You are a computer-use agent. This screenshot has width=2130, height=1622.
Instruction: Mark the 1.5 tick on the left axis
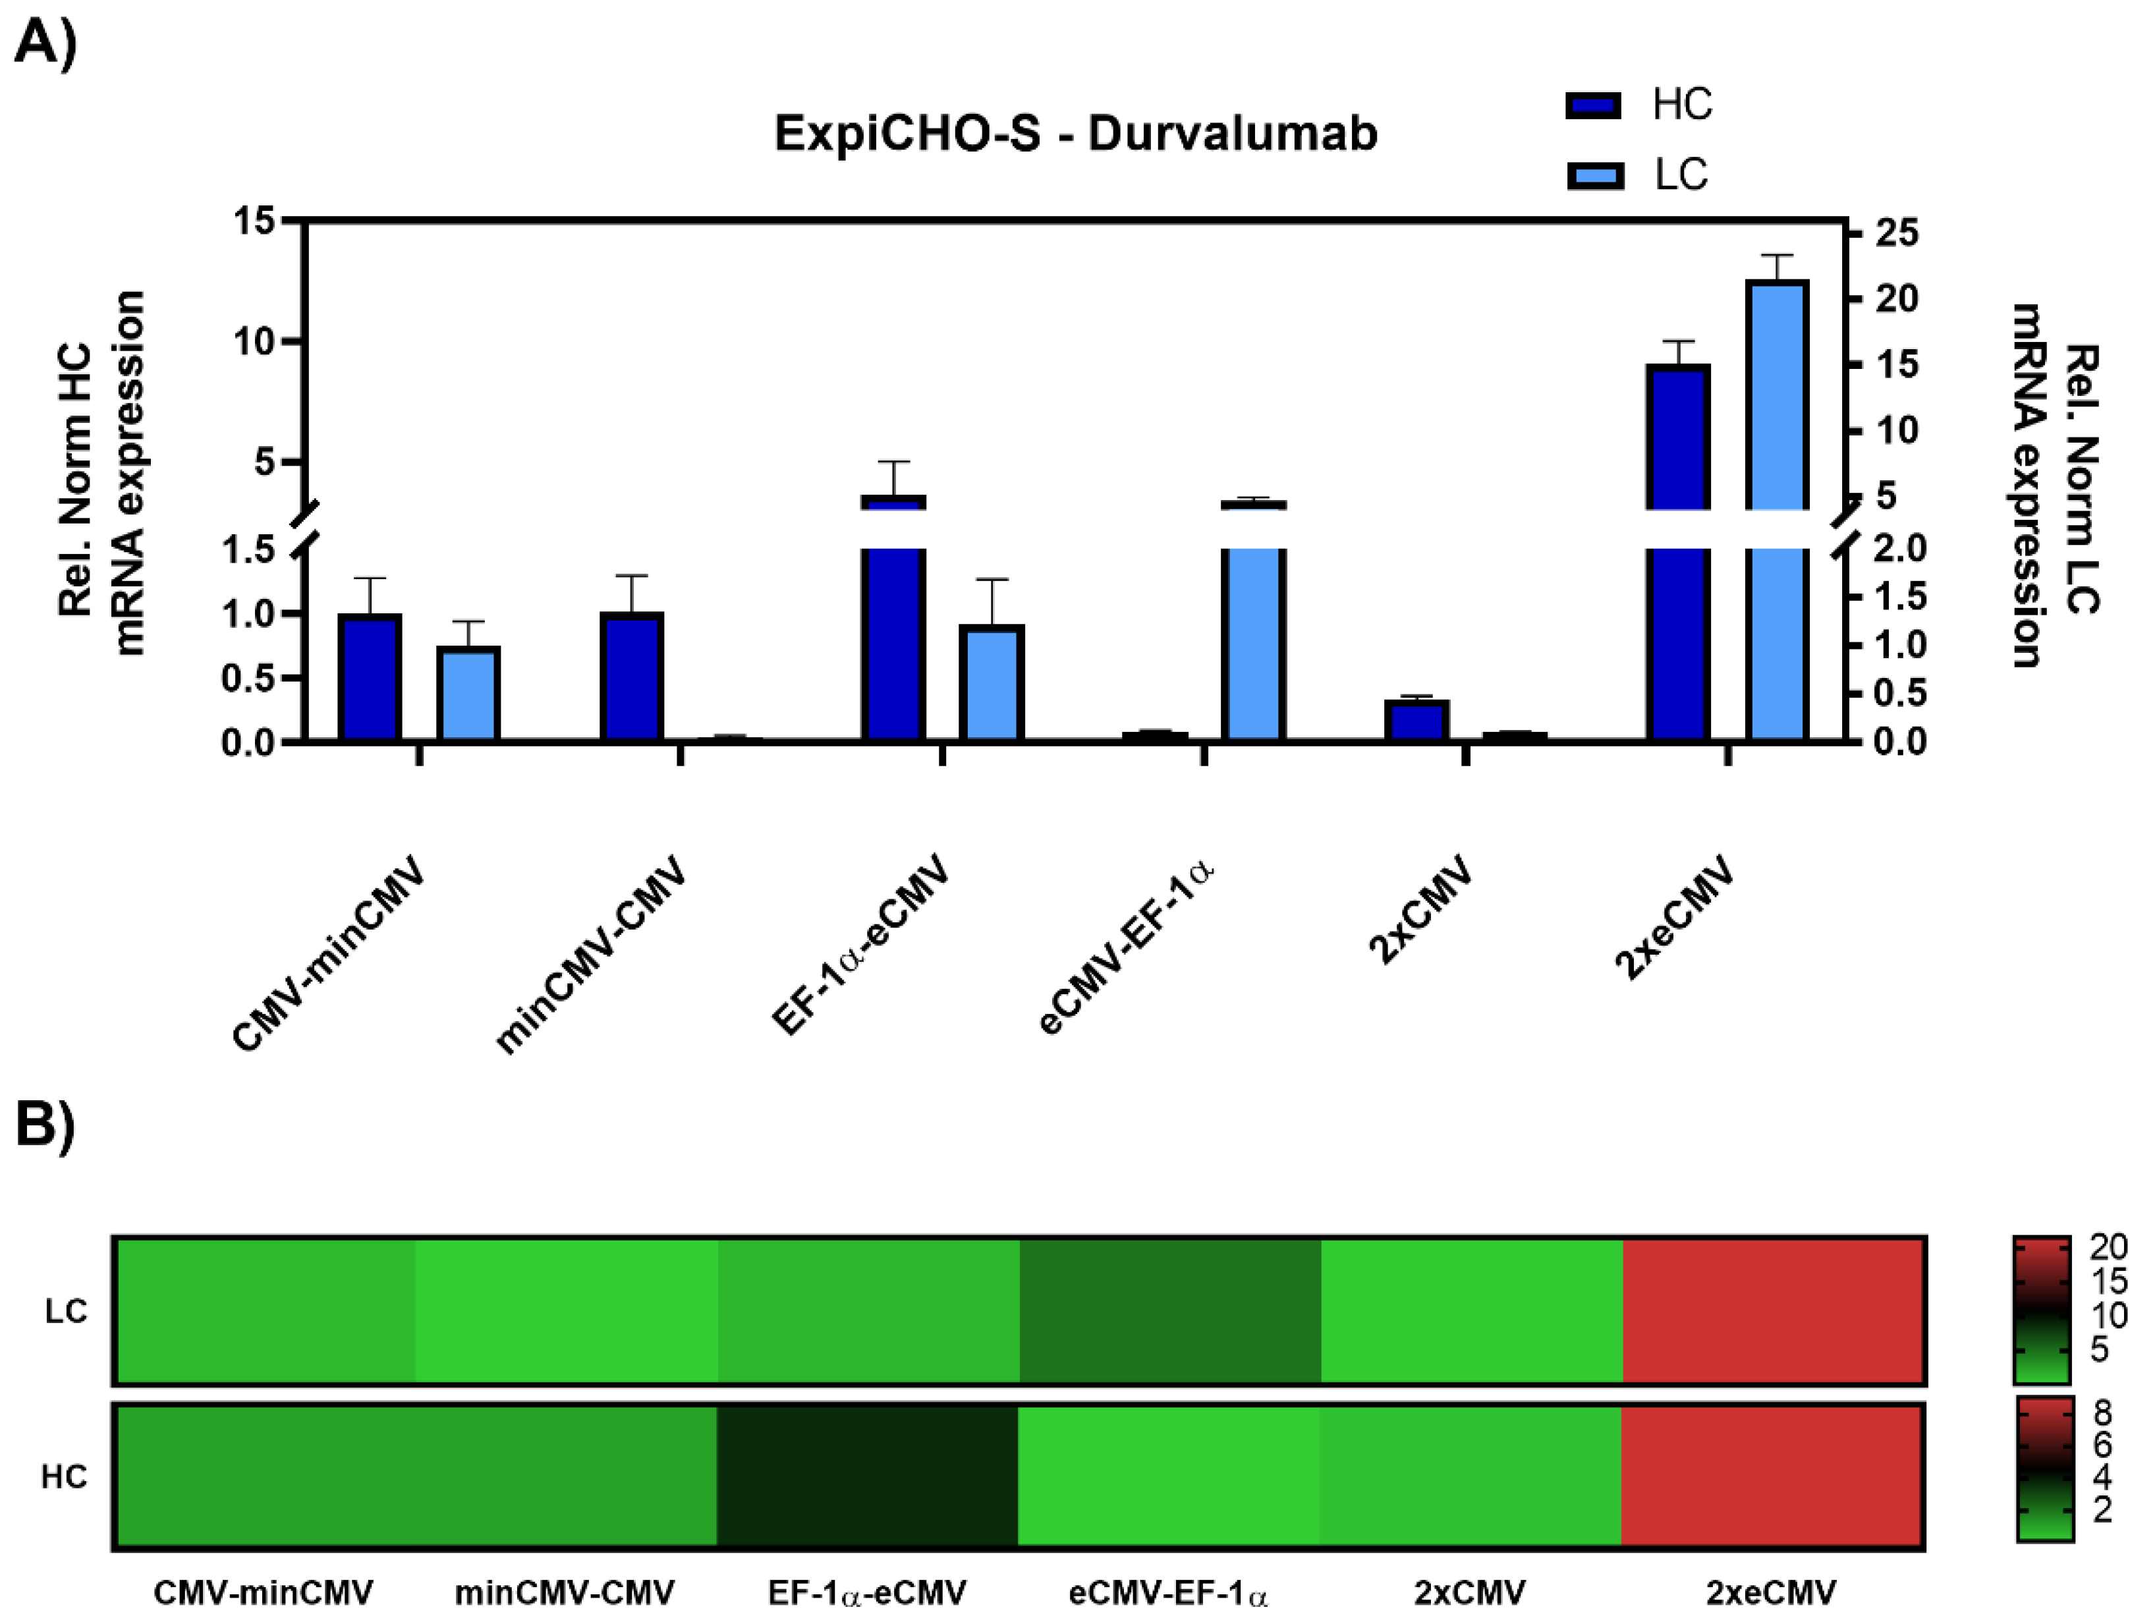[249, 550]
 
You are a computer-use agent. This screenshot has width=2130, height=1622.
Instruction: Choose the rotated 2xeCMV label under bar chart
[1674, 916]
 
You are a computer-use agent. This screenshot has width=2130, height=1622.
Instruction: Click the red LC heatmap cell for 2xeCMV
[1773, 1310]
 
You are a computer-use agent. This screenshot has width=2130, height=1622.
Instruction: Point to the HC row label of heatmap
[64, 1476]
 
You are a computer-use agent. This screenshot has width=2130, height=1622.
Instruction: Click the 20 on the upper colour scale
[2108, 1247]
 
